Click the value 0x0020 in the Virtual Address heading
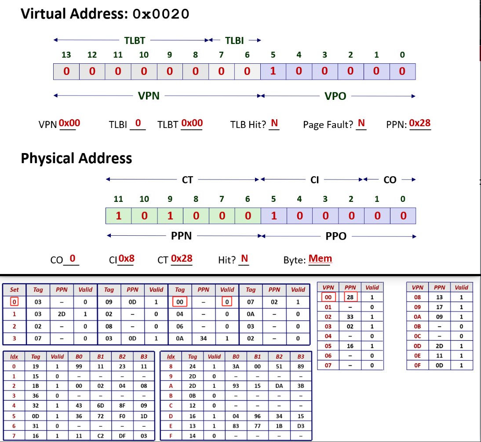pos(161,14)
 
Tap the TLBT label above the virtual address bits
pos(135,40)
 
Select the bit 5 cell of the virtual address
pos(273,72)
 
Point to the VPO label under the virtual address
pos(335,96)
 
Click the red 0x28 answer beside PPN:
pos(419,123)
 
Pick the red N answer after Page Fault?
pos(361,123)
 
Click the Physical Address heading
pos(77,159)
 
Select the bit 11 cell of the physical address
pos(119,216)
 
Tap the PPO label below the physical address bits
pos(336,236)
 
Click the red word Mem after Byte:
pos(320,259)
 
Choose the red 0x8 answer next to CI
pos(126,259)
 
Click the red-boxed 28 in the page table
pos(350,297)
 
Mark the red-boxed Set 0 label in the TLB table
pos(14,302)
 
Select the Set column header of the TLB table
pos(14,289)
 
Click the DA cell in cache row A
pos(279,386)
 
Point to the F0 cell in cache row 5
pos(122,416)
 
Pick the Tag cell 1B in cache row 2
pos(36,386)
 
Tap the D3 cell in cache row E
pos(301,426)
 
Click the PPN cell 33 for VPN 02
pos(350,317)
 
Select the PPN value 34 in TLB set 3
pos(204,338)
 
